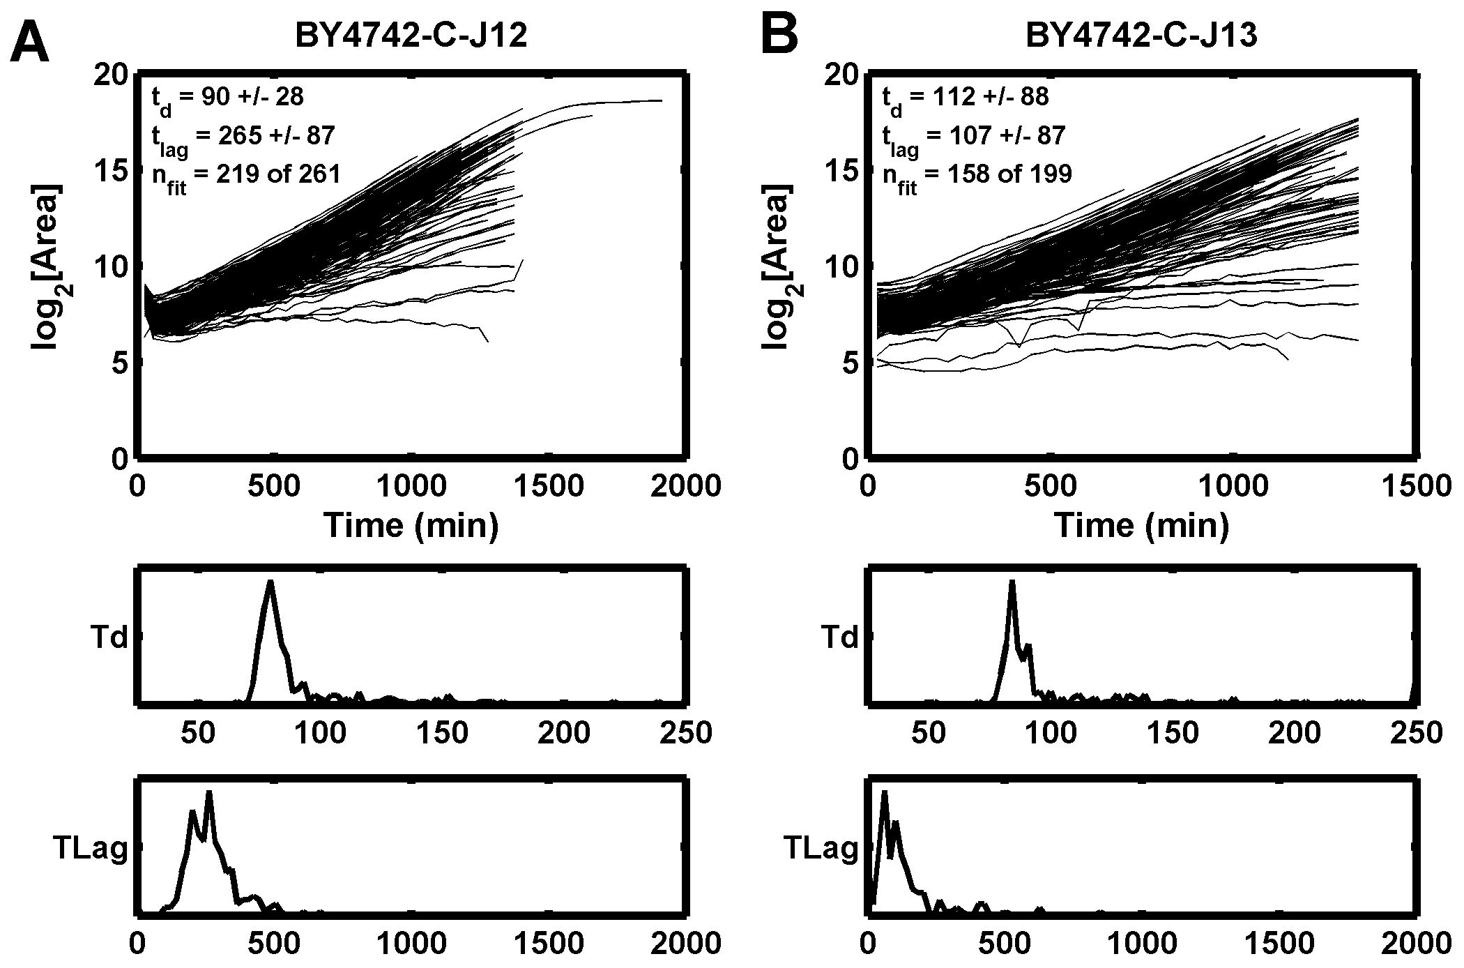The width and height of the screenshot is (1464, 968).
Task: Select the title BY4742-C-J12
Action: [x=411, y=36]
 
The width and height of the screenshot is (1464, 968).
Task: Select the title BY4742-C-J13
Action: [x=1141, y=36]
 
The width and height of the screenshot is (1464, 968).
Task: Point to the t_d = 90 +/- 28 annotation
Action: [x=228, y=98]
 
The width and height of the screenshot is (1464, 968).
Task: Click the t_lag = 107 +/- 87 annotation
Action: [x=974, y=137]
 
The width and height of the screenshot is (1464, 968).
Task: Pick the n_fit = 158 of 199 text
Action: [x=977, y=174]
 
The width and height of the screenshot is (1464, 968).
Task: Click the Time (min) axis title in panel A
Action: [x=411, y=525]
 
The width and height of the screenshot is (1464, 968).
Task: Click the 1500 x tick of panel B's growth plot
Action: [x=1413, y=486]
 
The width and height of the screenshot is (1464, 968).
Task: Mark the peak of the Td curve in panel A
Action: [x=270, y=582]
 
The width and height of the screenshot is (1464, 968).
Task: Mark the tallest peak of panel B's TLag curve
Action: [x=884, y=794]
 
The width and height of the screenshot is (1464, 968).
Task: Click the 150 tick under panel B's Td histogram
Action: [x=1173, y=732]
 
